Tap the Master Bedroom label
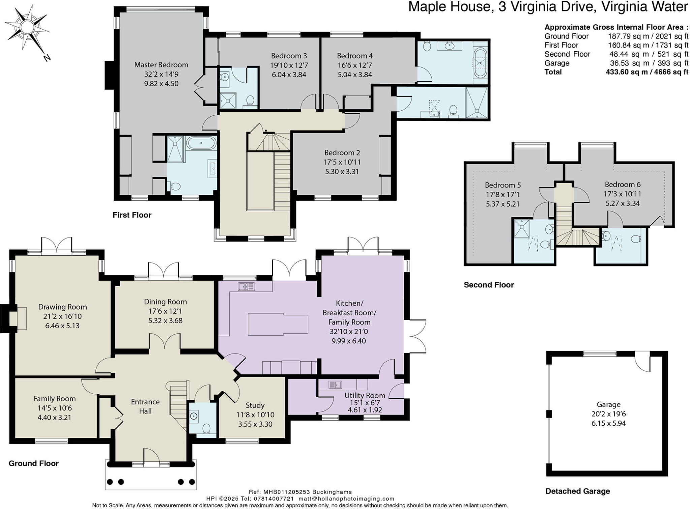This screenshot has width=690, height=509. coord(161,65)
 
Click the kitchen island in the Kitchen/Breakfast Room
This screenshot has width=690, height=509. coord(278,324)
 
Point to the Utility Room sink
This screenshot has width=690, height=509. coord(335,384)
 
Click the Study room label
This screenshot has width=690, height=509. coord(255,405)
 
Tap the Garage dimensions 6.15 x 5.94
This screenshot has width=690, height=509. coord(608,423)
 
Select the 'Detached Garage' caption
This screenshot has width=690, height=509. coord(578,491)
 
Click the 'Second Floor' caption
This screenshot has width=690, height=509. coord(489,285)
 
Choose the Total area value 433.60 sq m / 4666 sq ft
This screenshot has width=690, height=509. coord(647,72)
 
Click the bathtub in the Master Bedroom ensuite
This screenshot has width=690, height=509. coord(201,143)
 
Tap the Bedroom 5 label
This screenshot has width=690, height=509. coord(503,185)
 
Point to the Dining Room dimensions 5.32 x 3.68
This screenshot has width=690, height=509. coord(165,321)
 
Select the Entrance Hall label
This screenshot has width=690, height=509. coord(145,406)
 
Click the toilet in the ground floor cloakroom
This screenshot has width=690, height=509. coord(206,428)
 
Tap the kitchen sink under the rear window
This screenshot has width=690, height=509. coord(246,287)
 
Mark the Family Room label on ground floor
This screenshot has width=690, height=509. coord(55,399)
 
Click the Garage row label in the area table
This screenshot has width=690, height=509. coord(557,63)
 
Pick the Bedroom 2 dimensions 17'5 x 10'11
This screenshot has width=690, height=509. coord(342,162)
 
